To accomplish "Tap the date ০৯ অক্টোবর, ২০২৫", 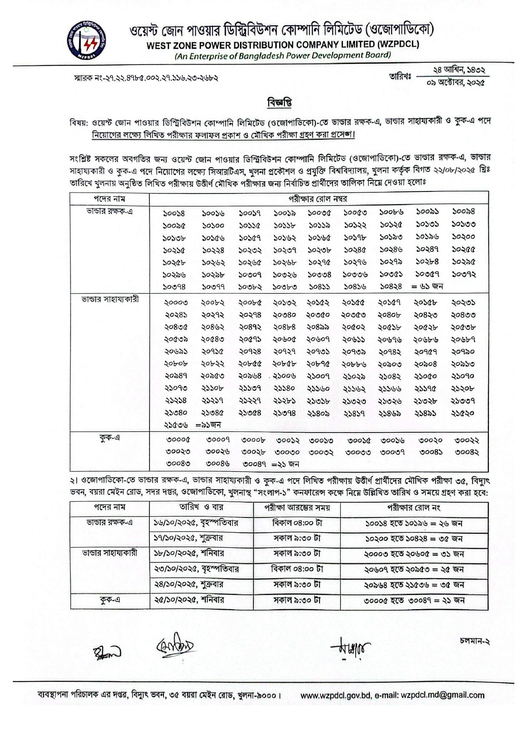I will (456, 83).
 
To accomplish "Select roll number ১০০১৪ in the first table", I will (174, 213).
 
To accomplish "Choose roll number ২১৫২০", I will (463, 413).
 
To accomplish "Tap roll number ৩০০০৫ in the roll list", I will (178, 440).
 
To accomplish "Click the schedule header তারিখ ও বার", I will (201, 507).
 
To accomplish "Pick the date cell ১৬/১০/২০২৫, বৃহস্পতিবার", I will (196, 523).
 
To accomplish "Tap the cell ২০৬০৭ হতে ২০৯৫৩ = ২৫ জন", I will (414, 569).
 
